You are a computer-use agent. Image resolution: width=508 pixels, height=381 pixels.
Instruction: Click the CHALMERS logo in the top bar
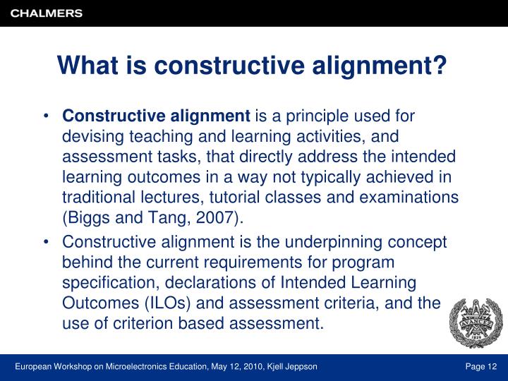pos(46,13)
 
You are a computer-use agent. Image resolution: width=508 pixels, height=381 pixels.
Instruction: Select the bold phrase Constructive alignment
pos(156,116)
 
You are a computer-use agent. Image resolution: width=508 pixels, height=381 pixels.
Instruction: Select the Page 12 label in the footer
pos(480,366)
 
